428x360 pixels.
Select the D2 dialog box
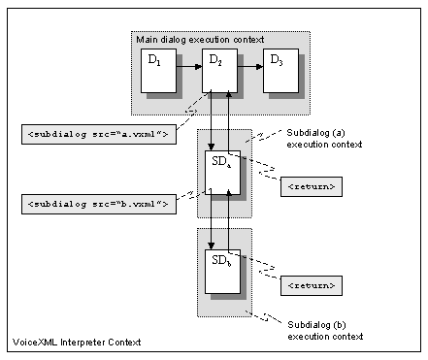point(219,72)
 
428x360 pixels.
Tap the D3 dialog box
point(280,72)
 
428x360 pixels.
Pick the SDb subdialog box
point(220,271)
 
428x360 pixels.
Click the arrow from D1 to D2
point(185,68)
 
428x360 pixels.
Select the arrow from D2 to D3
point(249,68)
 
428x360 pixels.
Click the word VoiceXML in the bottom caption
point(37,343)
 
